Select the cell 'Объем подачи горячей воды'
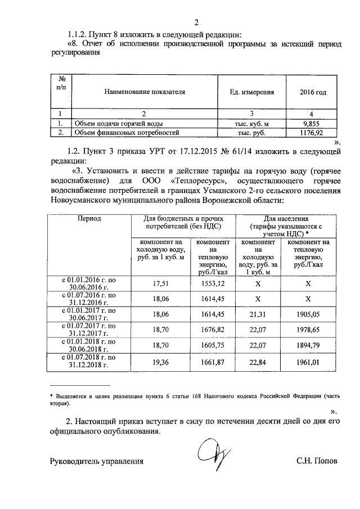coord(119,123)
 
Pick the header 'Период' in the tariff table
coord(90,218)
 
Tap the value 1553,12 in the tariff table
coord(213,284)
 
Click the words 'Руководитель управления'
coord(97,461)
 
